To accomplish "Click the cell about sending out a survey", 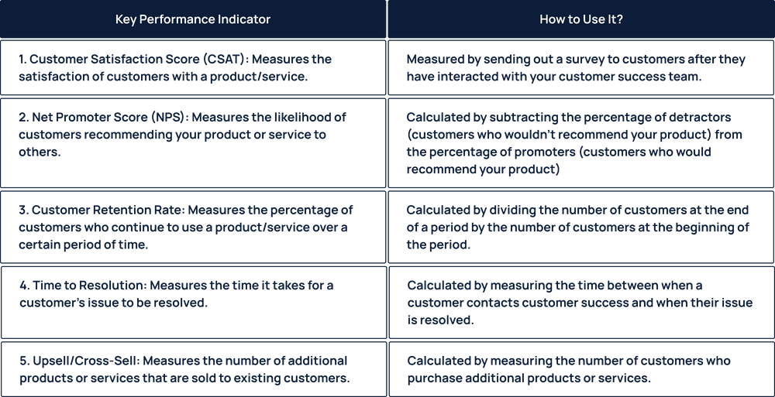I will coord(581,69).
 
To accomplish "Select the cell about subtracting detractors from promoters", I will coord(581,143).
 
